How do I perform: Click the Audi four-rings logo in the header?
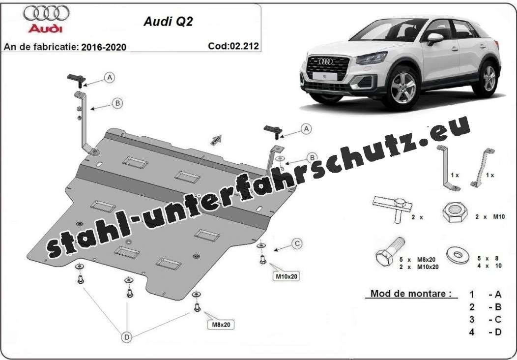(46, 13)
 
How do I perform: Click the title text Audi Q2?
(168, 22)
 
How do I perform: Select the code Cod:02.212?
(233, 46)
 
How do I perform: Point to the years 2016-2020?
(104, 47)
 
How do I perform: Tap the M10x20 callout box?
(286, 276)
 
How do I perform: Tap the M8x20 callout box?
(221, 325)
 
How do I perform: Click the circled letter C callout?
(297, 244)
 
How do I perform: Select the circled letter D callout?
(127, 337)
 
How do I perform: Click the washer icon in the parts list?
(459, 254)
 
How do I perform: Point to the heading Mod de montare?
(411, 293)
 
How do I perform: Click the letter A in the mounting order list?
(498, 294)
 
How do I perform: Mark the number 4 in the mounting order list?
(472, 332)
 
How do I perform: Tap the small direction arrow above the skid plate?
(216, 140)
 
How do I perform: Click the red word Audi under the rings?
(45, 29)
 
